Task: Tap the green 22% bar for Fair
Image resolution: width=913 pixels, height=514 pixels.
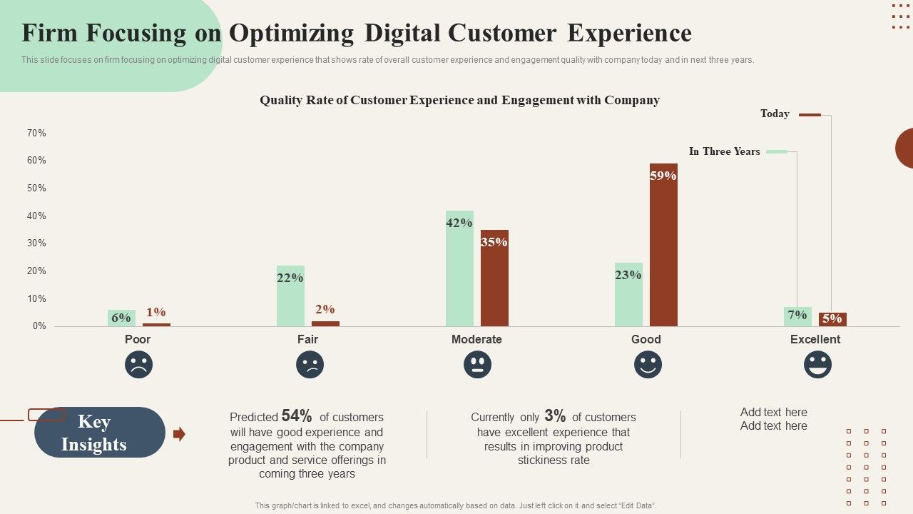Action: pyautogui.click(x=290, y=296)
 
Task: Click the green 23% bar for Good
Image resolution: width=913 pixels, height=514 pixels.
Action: pyautogui.click(x=628, y=294)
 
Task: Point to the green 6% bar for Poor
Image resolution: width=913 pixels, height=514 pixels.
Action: pyautogui.click(x=121, y=318)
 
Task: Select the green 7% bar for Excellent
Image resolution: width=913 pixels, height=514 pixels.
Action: pyautogui.click(x=797, y=317)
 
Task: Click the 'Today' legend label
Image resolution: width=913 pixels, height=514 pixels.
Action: pyautogui.click(x=775, y=114)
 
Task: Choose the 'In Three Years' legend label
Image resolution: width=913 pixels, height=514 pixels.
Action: pyautogui.click(x=724, y=151)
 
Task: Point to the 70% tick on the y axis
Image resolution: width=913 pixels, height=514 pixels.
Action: pyautogui.click(x=36, y=133)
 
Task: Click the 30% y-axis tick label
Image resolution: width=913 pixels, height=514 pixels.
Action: pyautogui.click(x=36, y=243)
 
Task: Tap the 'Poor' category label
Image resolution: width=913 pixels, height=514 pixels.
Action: pyautogui.click(x=138, y=339)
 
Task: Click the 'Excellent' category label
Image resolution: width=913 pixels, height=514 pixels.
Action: pyautogui.click(x=815, y=339)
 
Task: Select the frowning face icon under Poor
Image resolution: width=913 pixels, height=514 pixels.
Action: pyautogui.click(x=138, y=365)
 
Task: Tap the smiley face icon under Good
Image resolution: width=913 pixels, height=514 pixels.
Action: pyautogui.click(x=648, y=365)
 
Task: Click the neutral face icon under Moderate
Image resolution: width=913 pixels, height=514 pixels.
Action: pyautogui.click(x=477, y=365)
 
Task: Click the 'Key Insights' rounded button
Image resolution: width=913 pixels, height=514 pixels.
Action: pyautogui.click(x=100, y=433)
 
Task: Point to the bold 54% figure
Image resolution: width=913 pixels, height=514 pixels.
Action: pyautogui.click(x=297, y=416)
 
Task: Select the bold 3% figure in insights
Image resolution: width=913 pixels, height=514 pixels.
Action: pyautogui.click(x=555, y=416)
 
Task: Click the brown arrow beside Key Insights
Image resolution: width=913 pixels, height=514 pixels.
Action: pyautogui.click(x=179, y=433)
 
